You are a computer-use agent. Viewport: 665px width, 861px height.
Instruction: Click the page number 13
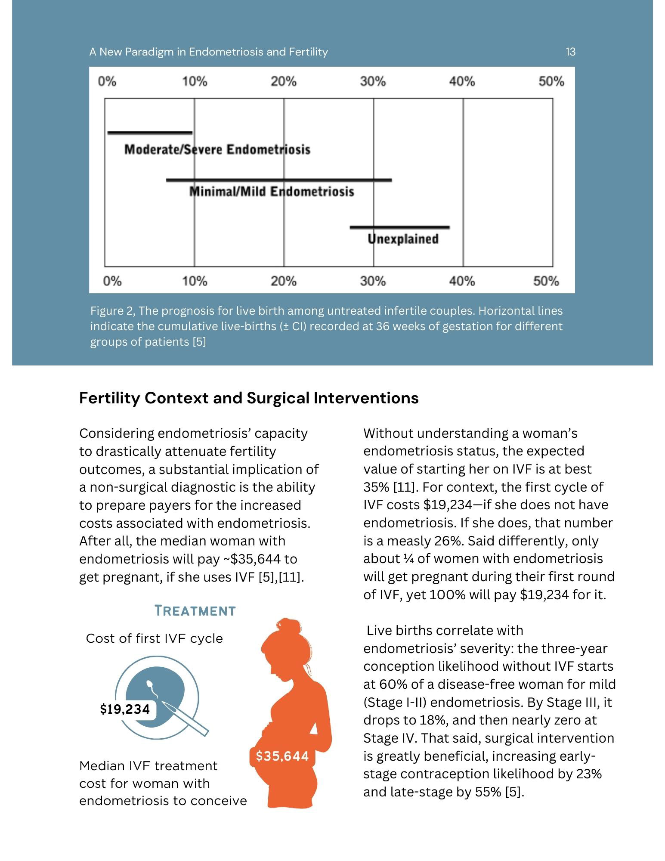pyautogui.click(x=570, y=52)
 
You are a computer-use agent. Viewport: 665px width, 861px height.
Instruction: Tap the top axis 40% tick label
pyautogui.click(x=462, y=81)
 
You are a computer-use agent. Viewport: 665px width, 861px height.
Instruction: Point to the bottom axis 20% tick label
pyautogui.click(x=284, y=281)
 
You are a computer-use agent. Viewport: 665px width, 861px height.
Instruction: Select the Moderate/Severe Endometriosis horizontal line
pyautogui.click(x=150, y=133)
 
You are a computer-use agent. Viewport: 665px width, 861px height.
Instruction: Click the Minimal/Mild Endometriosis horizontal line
pyautogui.click(x=279, y=180)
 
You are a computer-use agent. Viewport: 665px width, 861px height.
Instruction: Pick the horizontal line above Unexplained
pyautogui.click(x=400, y=227)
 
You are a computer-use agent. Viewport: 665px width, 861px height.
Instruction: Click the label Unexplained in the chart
pyautogui.click(x=403, y=239)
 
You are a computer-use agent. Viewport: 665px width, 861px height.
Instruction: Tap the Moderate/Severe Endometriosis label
pyautogui.click(x=217, y=149)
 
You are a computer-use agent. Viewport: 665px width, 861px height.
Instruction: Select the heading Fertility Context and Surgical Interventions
pyautogui.click(x=249, y=398)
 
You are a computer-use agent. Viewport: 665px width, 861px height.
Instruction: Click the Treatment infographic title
pyautogui.click(x=195, y=610)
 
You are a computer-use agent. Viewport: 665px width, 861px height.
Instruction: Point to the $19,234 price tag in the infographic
pyautogui.click(x=125, y=709)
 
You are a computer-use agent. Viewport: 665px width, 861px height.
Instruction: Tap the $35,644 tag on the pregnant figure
pyautogui.click(x=282, y=756)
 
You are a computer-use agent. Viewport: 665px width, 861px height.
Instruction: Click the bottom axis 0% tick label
pyautogui.click(x=112, y=281)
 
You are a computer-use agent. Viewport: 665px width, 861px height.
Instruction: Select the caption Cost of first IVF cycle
pyautogui.click(x=155, y=638)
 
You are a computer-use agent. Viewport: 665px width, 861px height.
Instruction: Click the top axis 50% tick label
pyautogui.click(x=551, y=81)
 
